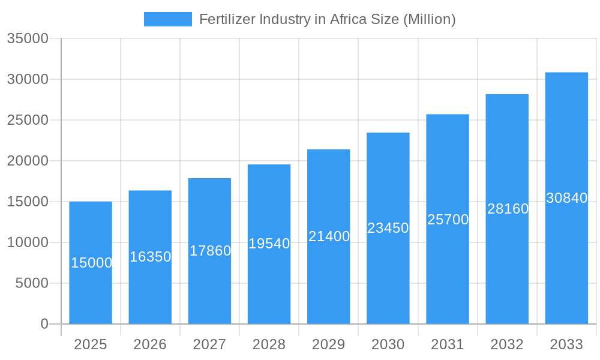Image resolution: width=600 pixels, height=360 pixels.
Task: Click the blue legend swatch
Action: point(167,19)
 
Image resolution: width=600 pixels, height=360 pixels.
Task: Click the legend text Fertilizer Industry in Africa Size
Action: point(327,19)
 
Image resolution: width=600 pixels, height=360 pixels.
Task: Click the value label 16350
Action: point(151,257)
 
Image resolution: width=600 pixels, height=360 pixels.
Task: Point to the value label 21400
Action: point(329,236)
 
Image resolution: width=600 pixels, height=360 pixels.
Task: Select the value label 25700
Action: point(448,220)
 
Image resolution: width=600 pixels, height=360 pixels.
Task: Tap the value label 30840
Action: point(566,198)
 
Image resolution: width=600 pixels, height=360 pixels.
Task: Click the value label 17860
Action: point(210,251)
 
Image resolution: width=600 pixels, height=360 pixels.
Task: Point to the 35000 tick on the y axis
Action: point(28,38)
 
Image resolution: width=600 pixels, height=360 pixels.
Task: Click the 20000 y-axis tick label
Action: point(28,161)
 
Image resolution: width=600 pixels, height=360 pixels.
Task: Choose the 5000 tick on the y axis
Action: point(32,283)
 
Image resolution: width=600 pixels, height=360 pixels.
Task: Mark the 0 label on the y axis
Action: point(44,324)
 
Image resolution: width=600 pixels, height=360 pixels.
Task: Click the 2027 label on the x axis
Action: point(209,344)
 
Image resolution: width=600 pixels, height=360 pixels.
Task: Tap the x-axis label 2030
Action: point(388,344)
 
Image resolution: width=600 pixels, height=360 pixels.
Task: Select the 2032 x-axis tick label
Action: point(507,344)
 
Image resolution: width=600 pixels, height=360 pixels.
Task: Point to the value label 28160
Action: point(508,209)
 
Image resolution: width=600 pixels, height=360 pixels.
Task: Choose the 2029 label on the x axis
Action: point(329,344)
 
